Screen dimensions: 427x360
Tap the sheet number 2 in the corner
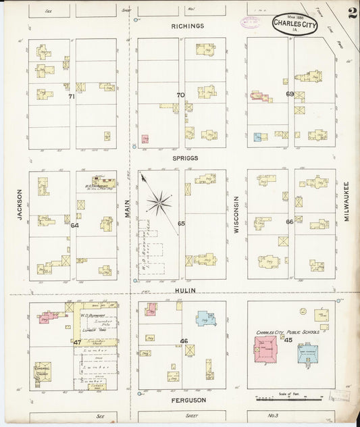(x=352, y=14)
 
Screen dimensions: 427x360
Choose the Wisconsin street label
(x=236, y=215)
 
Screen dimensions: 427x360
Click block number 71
(x=72, y=97)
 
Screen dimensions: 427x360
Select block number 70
(x=180, y=95)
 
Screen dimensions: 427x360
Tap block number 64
(x=74, y=225)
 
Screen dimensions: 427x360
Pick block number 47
(x=77, y=343)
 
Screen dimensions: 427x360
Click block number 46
(x=184, y=341)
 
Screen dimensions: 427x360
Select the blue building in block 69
(x=257, y=137)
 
